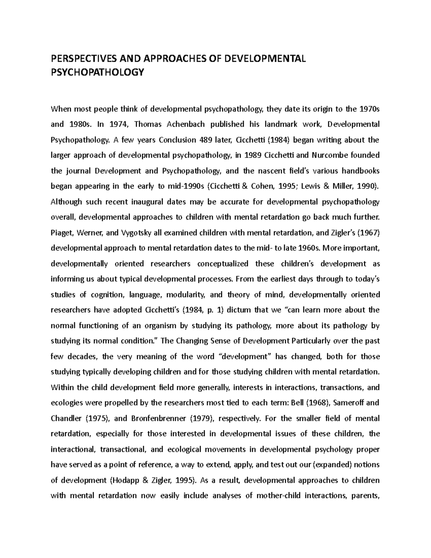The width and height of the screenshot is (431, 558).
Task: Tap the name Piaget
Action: [x=62, y=232]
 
